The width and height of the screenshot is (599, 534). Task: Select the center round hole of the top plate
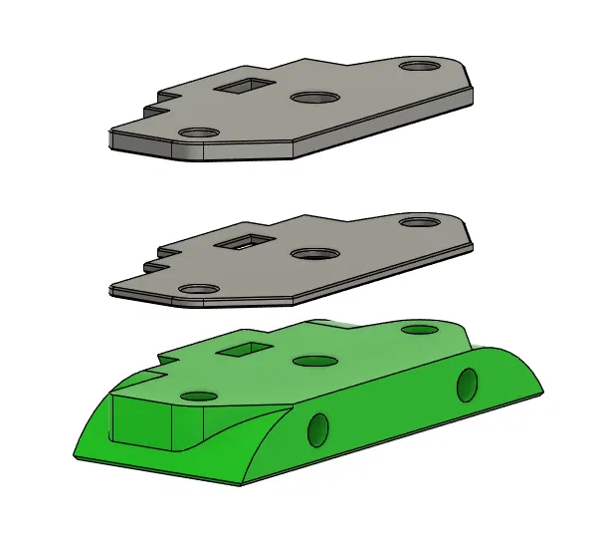314,99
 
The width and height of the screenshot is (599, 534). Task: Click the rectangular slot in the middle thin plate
243,240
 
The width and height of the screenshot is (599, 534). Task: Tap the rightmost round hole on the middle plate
420,221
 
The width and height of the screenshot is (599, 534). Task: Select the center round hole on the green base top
314,361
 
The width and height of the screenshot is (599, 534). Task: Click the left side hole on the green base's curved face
317,429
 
